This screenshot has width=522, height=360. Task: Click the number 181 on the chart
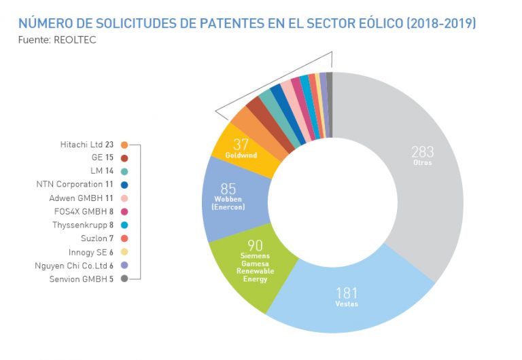pyautogui.click(x=346, y=293)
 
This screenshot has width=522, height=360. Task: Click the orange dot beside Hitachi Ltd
pyautogui.click(x=124, y=145)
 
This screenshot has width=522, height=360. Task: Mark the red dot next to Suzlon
pyautogui.click(x=124, y=238)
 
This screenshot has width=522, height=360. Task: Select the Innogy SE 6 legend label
pyautogui.click(x=91, y=251)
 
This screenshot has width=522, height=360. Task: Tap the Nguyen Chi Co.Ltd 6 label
pyautogui.click(x=75, y=265)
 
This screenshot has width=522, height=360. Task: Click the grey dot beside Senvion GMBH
pyautogui.click(x=124, y=278)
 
